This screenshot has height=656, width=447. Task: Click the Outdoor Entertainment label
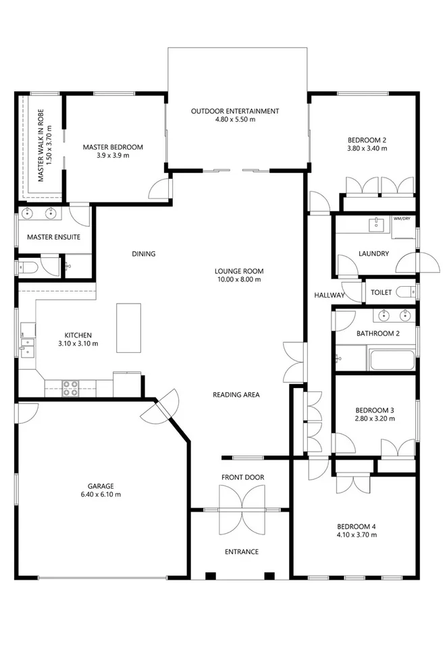tap(235, 111)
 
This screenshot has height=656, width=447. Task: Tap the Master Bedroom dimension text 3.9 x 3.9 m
tap(113, 155)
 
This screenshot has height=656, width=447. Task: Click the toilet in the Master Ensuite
tap(28, 267)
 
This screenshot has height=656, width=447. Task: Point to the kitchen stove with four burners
tap(70, 387)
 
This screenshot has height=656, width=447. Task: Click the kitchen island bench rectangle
tap(130, 327)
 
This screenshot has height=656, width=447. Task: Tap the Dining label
tap(144, 254)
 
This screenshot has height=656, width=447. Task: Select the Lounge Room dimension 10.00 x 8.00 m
tap(238, 279)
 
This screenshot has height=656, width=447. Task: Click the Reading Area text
tap(236, 395)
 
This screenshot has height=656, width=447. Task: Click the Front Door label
tap(242, 478)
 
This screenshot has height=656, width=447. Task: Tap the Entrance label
tap(241, 551)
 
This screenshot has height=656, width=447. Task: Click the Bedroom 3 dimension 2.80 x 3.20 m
tap(374, 418)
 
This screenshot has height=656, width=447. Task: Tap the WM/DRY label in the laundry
tap(402, 219)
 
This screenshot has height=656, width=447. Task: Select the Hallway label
tap(329, 295)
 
